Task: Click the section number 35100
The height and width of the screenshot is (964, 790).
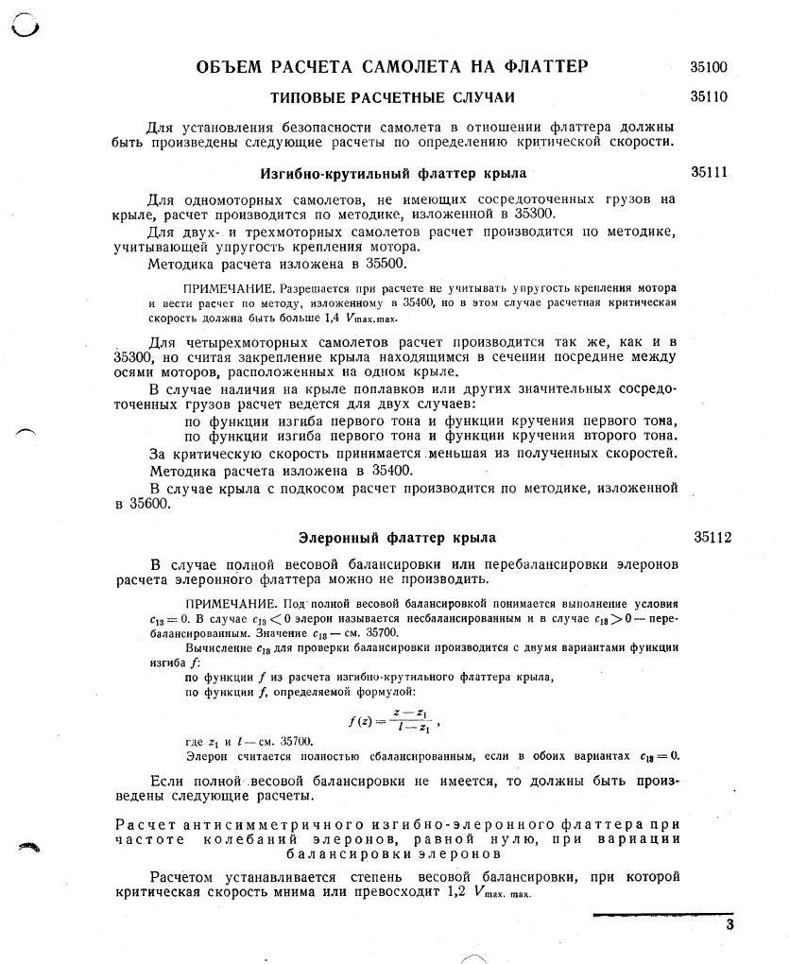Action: pos(709,67)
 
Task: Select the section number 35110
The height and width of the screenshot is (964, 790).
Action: pos(709,96)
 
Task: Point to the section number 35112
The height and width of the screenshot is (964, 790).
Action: pos(713,538)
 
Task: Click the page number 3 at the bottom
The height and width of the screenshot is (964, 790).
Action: pos(730,925)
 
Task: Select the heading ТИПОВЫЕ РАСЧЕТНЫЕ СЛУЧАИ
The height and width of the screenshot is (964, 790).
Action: pos(393,97)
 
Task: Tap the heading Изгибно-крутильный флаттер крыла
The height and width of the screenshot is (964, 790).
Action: pos(393,174)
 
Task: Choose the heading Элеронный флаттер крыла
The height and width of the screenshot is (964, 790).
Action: pos(397,538)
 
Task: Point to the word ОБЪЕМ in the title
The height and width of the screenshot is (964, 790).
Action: pos(230,67)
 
